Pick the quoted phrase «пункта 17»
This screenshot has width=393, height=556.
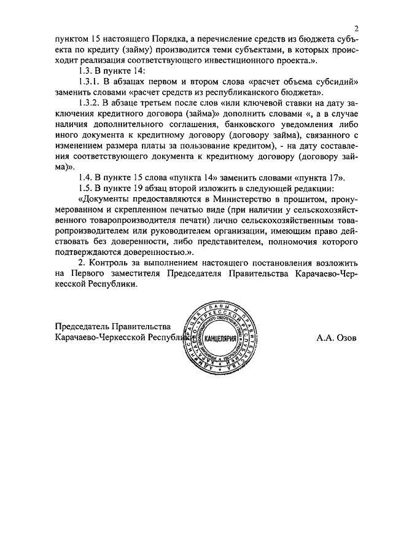pyautogui.click(x=323, y=178)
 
